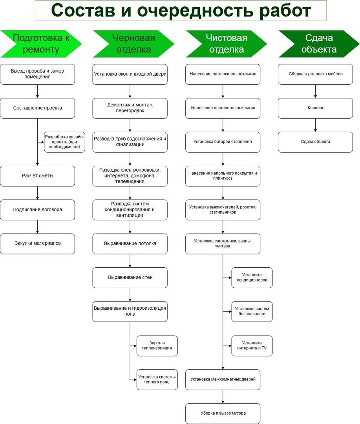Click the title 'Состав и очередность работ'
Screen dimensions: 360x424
181,11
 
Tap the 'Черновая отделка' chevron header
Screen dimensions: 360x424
133,44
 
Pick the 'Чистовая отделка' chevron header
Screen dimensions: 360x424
227,44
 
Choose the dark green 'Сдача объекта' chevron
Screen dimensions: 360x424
319,44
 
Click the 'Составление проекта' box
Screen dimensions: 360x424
38,108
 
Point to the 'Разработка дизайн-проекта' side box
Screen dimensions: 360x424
65,142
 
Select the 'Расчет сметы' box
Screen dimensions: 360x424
38,176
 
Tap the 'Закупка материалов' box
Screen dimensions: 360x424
38,244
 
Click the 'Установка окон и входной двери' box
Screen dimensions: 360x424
130,74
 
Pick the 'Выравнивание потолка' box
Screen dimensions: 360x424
130,244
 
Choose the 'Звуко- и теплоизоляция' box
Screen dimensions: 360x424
157,346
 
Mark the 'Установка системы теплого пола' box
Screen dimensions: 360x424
157,380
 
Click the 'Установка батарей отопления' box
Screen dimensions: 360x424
223,142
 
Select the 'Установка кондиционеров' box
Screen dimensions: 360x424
252,278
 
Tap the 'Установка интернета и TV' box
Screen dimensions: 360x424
252,346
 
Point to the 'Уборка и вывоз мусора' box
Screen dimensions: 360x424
223,413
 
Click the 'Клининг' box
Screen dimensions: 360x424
315,108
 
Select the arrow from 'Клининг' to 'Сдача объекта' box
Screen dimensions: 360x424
315,125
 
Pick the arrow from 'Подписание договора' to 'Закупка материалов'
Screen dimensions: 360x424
38,227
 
